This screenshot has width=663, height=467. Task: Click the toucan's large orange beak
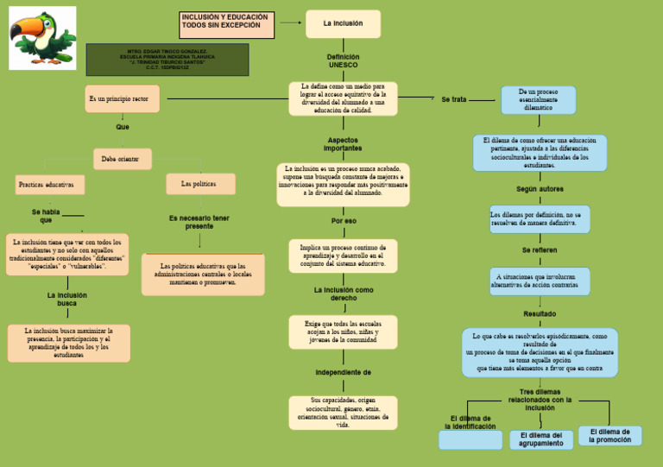point(23,32)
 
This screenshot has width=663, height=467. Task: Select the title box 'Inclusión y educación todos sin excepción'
point(227,25)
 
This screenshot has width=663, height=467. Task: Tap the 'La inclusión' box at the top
point(343,24)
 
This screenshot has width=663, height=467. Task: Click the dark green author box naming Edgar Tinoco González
point(167,60)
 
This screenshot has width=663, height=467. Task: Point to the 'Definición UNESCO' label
point(343,60)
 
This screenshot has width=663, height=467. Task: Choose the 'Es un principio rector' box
point(122,99)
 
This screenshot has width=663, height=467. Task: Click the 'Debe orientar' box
point(122,159)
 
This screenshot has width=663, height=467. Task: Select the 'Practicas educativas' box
point(47,185)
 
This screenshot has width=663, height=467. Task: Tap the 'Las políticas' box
point(200,184)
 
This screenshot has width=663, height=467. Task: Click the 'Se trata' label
point(453,100)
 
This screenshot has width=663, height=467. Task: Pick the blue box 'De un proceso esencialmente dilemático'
point(539,99)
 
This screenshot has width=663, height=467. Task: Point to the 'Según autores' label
point(540,189)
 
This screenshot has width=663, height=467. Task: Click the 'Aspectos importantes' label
point(343,144)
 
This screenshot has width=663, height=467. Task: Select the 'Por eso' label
point(344,221)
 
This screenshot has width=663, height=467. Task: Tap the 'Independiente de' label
point(343,373)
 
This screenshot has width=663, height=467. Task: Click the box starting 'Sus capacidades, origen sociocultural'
point(343,413)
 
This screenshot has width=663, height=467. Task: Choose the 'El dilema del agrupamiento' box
point(541,439)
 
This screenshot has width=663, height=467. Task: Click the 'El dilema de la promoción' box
point(609,436)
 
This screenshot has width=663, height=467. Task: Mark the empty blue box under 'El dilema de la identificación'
point(470,440)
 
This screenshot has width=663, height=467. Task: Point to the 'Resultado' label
point(540,313)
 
